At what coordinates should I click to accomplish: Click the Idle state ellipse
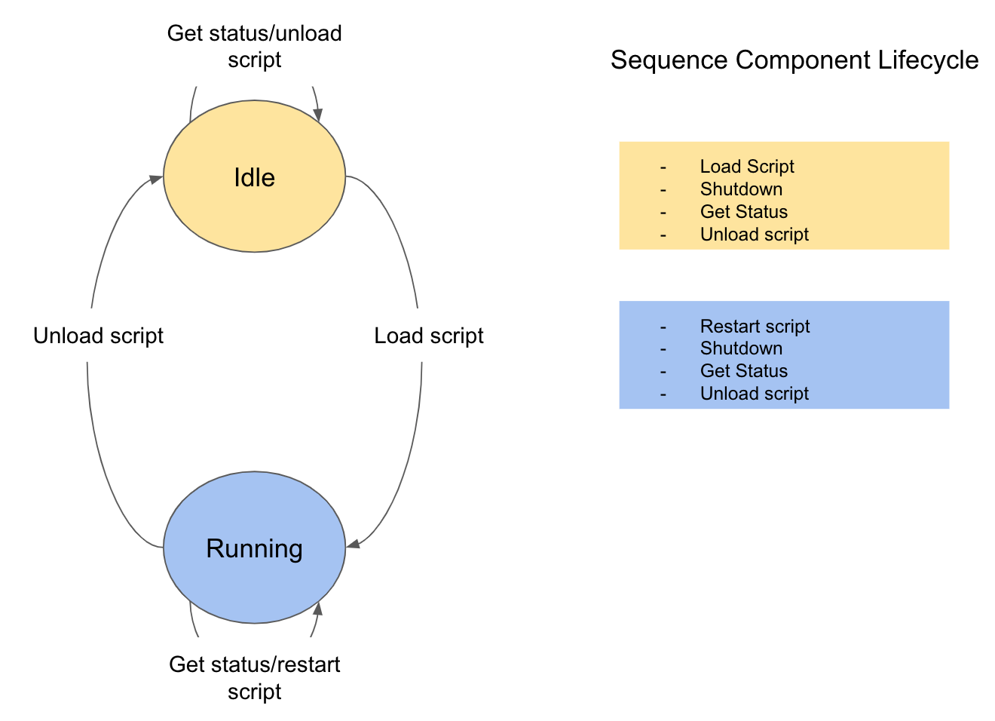[254, 176]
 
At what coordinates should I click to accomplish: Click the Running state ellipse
[254, 548]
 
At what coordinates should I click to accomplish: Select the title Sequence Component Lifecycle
[794, 60]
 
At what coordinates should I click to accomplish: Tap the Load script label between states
[428, 336]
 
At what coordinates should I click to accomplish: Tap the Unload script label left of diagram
[98, 336]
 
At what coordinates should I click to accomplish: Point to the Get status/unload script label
[254, 46]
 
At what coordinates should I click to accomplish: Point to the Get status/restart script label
[254, 677]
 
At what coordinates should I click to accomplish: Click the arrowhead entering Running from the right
[352, 544]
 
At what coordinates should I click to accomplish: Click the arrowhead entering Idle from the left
[156, 179]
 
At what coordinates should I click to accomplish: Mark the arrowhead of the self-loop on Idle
[319, 115]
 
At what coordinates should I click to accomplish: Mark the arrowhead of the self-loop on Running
[317, 608]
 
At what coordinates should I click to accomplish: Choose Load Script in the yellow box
[746, 167]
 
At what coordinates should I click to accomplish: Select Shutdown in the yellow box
[741, 189]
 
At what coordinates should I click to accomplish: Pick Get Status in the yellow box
[743, 212]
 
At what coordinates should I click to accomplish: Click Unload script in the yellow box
[754, 235]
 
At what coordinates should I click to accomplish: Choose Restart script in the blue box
[755, 327]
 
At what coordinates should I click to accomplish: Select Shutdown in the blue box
[741, 348]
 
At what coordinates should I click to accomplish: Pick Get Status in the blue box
[743, 371]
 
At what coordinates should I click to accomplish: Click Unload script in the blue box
[754, 394]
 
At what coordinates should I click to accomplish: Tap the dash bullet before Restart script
[663, 327]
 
